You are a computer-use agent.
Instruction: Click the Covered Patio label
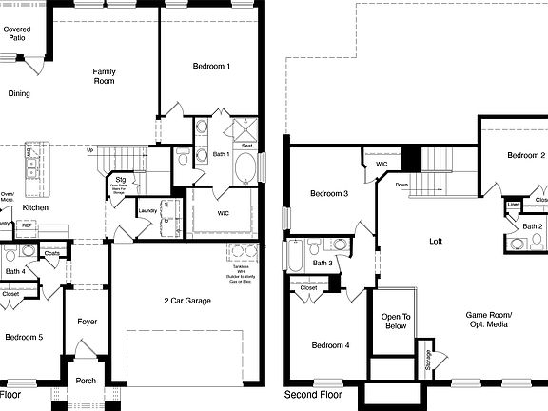coord(17,34)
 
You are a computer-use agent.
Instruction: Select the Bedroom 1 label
coord(211,67)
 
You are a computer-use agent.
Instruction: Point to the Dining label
coord(19,93)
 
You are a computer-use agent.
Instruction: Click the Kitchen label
coord(35,207)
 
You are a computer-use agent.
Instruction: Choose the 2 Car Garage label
coord(186,301)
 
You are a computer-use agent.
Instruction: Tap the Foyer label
coord(88,322)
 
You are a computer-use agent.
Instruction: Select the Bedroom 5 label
coord(24,337)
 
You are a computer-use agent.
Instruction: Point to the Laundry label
coord(147,211)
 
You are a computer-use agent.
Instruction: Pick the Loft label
coord(436,242)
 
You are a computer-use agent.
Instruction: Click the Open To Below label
coord(394,322)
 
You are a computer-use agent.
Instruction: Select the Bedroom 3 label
coord(329,194)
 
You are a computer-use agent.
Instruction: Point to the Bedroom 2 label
coord(525,155)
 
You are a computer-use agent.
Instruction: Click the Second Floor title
coord(313,394)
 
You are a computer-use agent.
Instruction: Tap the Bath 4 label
coord(14,272)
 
